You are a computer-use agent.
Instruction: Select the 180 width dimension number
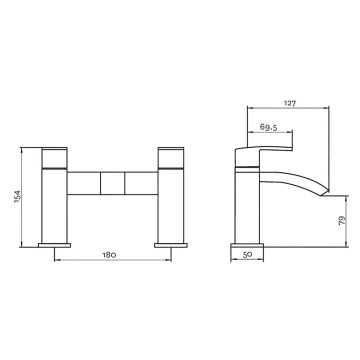pos(110,256)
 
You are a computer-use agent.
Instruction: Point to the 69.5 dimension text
pos(268,128)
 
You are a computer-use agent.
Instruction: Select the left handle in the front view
pos(54,158)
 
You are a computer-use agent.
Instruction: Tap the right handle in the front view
pos(167,158)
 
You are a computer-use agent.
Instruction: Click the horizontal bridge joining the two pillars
pos(110,182)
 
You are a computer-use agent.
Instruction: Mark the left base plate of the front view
pos(54,242)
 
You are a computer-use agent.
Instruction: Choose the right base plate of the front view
pos(167,242)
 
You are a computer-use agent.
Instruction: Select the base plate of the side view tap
pos(248,242)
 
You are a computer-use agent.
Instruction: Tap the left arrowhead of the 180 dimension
pos(56,263)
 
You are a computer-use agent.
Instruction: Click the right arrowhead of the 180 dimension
pos(165,263)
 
